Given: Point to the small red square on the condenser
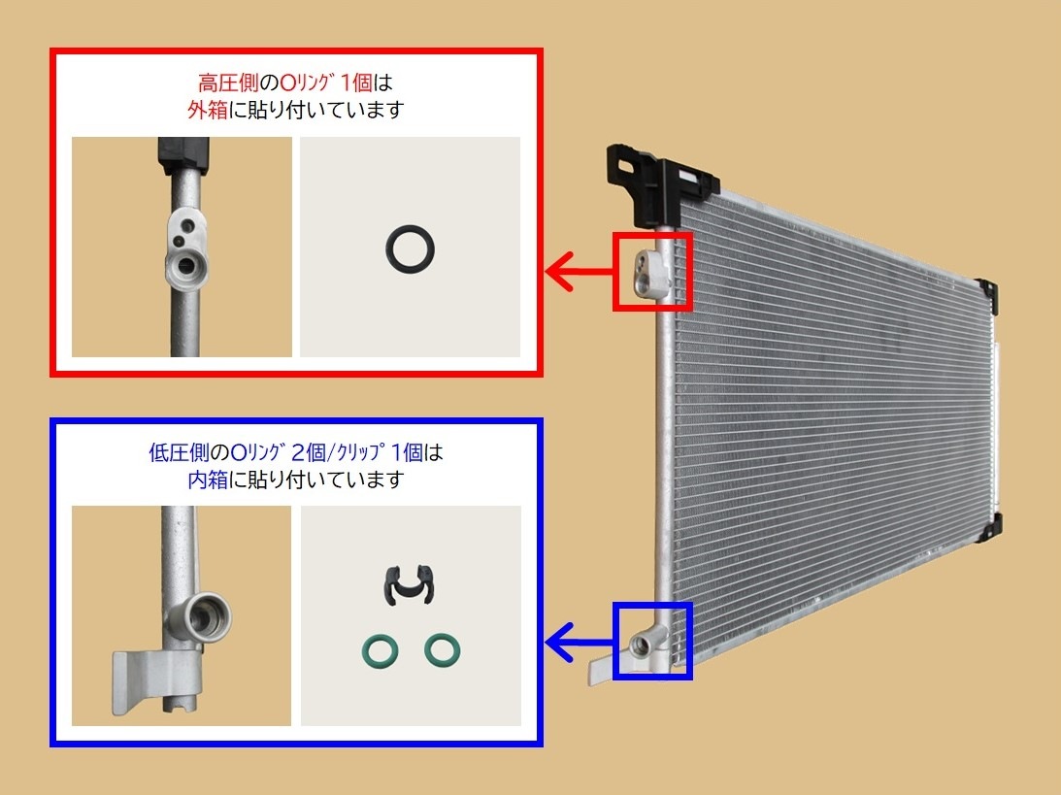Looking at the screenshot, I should click(651, 271).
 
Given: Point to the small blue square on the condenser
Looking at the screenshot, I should click(651, 640).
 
